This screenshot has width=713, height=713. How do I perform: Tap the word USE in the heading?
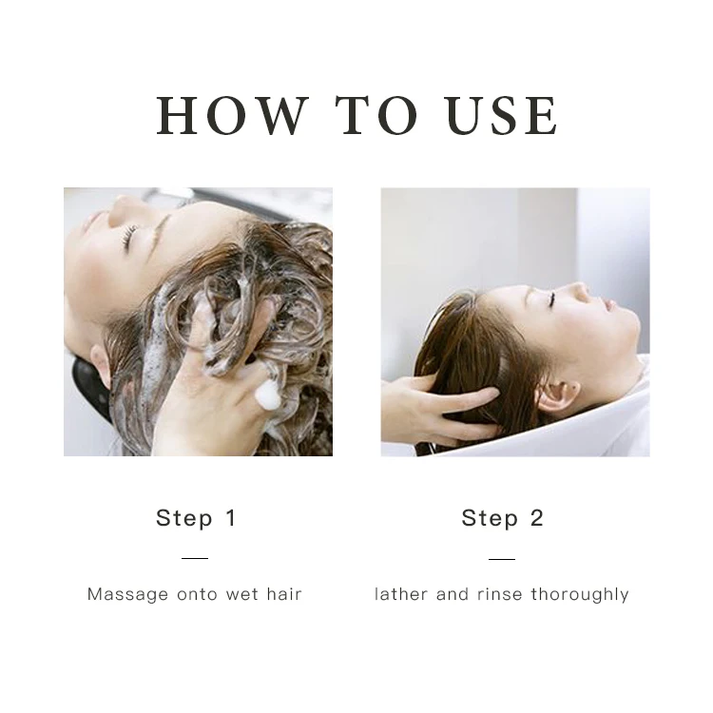tap(502, 115)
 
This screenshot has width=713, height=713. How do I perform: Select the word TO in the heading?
tap(376, 115)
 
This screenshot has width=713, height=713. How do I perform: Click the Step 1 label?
tap(196, 518)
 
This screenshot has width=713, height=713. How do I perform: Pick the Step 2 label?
tap(503, 518)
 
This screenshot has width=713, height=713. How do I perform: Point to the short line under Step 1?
tap(195, 558)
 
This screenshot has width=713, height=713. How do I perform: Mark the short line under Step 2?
tap(502, 559)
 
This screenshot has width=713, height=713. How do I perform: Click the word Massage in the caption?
tap(127, 595)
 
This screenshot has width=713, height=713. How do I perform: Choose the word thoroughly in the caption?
tap(580, 595)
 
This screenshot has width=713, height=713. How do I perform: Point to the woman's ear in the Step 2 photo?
tap(557, 395)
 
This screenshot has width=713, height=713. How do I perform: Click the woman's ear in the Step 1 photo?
tap(101, 365)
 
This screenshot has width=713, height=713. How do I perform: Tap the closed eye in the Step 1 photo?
tap(129, 237)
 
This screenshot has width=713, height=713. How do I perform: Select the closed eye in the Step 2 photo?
tap(552, 299)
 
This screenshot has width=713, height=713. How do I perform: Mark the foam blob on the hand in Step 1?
tap(267, 393)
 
